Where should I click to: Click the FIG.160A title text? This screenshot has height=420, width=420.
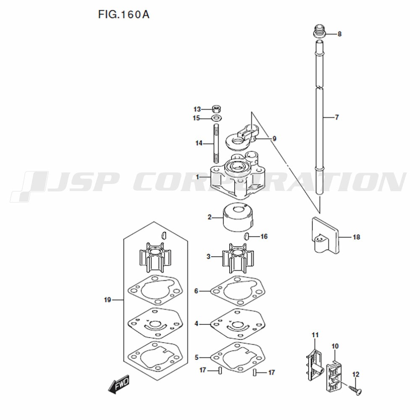pos(124,14)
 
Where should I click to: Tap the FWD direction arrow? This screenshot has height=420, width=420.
pos(119,384)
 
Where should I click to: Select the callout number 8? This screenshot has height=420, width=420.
pos(339,34)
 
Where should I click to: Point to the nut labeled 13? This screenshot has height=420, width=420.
pos(216,109)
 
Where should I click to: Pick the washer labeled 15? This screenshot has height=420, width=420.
pos(216,118)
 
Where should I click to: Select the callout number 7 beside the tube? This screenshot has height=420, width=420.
pos(337,117)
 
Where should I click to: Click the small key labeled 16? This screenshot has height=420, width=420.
pos(247,236)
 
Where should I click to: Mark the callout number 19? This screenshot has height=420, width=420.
pos(108,300)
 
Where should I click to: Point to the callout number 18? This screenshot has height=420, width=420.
pos(356,237)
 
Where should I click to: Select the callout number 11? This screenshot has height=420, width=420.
pos(315,335)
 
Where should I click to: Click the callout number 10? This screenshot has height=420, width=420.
pos(335,346)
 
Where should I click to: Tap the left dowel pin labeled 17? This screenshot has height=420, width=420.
pos(220,371)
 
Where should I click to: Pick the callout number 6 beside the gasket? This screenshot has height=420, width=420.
pos(196,291)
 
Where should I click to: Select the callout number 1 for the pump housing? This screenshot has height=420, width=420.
pos(197,177)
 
